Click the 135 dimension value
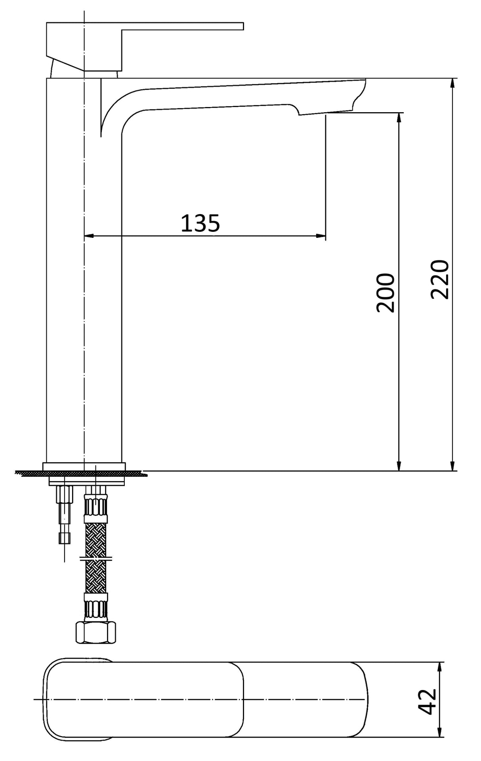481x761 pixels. click(x=200, y=223)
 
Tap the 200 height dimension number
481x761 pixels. click(x=386, y=293)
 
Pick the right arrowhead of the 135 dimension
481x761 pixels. click(x=321, y=236)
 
